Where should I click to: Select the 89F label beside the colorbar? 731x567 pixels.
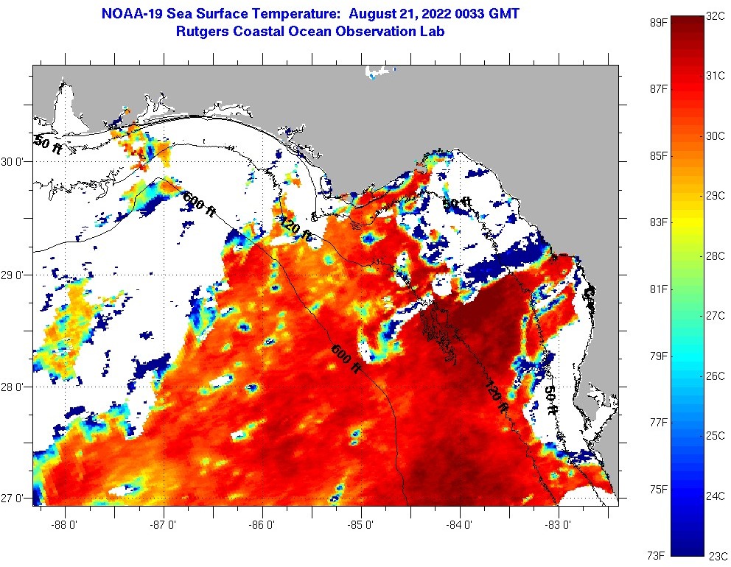click(x=658, y=22)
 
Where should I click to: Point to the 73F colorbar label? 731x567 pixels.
click(x=658, y=554)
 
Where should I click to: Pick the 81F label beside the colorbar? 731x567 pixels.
click(x=658, y=289)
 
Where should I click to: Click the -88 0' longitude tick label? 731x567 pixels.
click(x=66, y=525)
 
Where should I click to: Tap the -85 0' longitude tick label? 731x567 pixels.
click(x=361, y=525)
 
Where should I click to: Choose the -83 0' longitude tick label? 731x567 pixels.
click(x=559, y=525)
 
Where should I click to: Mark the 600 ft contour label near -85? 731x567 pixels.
click(x=345, y=358)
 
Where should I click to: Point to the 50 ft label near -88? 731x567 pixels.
click(x=47, y=145)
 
